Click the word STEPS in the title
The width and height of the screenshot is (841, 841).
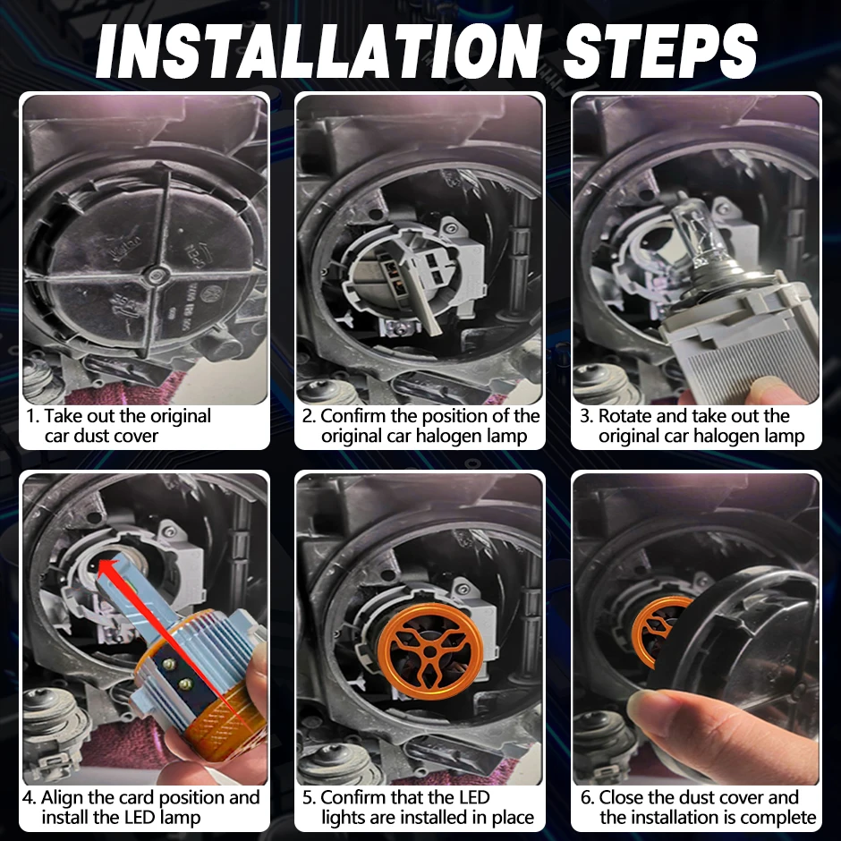click(660, 51)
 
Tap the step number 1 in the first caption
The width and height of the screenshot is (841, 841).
click(31, 416)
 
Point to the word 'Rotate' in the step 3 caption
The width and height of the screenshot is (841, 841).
click(624, 416)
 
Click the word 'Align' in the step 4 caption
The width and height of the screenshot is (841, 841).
click(62, 798)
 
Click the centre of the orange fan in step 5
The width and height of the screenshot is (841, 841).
click(430, 651)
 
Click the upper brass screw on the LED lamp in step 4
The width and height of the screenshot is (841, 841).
click(169, 665)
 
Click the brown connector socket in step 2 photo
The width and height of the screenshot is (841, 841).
click(388, 270)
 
